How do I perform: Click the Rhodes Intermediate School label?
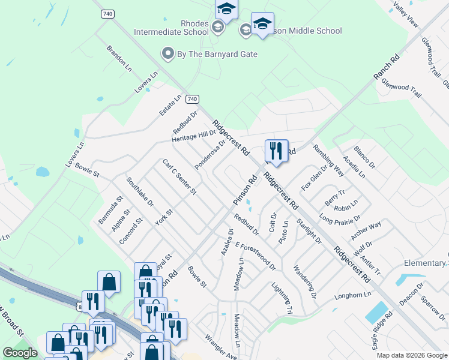[171, 28]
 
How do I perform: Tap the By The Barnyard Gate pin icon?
[168, 54]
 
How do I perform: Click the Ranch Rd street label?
[386, 67]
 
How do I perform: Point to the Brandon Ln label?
[119, 56]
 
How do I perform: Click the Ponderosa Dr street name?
[210, 155]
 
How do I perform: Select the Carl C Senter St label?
[179, 176]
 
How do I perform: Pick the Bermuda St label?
[110, 210]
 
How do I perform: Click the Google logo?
[20, 353]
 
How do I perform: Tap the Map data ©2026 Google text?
[411, 355]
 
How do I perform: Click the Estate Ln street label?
[169, 106]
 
